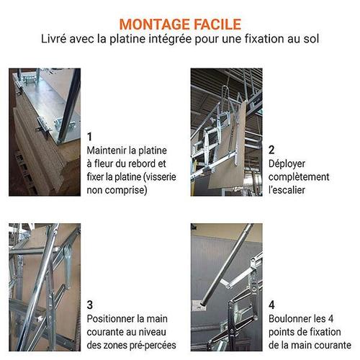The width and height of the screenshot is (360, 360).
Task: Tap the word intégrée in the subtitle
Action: (x=170, y=39)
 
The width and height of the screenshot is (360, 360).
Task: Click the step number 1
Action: (x=89, y=137)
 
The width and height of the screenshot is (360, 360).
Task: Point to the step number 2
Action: (x=271, y=150)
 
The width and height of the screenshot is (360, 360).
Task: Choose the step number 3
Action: (x=90, y=305)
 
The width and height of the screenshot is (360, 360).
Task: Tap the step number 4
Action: (x=271, y=305)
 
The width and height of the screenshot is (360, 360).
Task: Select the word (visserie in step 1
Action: (x=159, y=177)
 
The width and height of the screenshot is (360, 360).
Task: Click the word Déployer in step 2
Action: (x=287, y=164)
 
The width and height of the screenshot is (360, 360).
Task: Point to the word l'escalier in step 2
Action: (x=287, y=190)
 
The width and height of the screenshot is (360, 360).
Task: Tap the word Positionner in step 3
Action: (x=110, y=319)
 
